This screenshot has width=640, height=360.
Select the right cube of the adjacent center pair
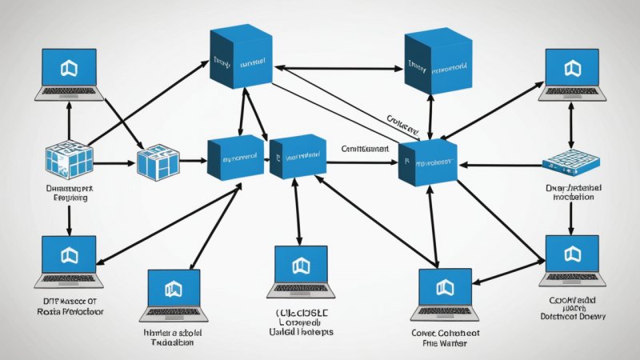(x=298, y=156)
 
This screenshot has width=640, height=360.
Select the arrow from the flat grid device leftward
(x=500, y=166)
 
